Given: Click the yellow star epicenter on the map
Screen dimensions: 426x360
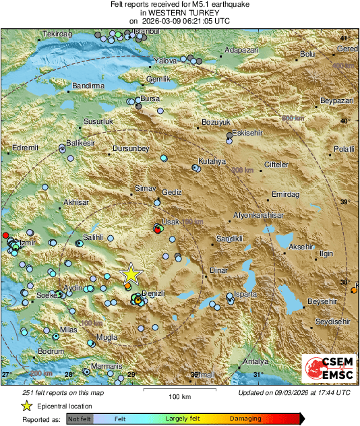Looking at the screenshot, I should pyautogui.click(x=131, y=274).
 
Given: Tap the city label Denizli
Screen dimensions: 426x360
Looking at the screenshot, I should pyautogui.click(x=155, y=295).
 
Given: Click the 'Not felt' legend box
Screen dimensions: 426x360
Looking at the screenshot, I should pyautogui.click(x=79, y=419).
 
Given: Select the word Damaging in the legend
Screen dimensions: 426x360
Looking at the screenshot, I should pyautogui.click(x=245, y=419).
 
